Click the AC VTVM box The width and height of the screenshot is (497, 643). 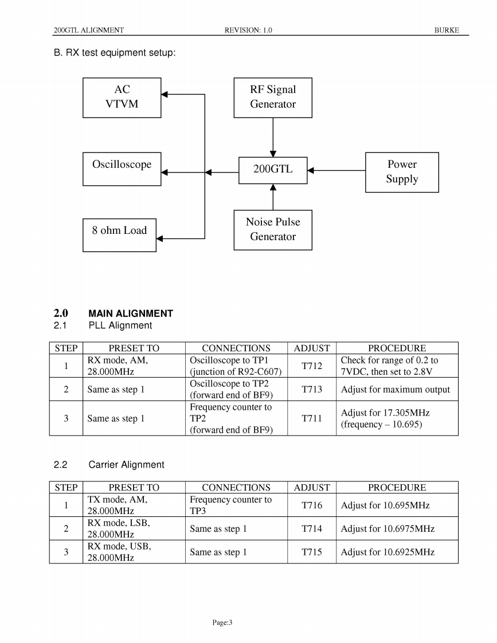click(122, 97)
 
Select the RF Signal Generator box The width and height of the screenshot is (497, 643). click(273, 97)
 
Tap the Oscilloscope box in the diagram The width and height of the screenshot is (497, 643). click(122, 168)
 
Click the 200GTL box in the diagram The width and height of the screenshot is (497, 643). click(273, 170)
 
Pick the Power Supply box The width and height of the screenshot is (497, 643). click(402, 172)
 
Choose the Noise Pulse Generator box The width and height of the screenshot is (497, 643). click(273, 230)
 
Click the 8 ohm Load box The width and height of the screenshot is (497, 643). click(119, 235)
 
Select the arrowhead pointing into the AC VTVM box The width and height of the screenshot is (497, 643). click(165, 95)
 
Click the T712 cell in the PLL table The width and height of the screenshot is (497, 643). click(312, 366)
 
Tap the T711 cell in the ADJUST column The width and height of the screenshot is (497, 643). click(312, 418)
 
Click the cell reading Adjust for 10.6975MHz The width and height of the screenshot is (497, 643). click(388, 529)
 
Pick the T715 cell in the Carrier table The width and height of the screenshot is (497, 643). click(312, 552)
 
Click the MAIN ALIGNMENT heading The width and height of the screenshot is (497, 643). click(131, 313)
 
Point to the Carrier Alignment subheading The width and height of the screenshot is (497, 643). click(126, 465)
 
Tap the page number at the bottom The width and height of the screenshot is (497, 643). click(221, 622)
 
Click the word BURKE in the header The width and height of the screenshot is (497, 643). click(447, 30)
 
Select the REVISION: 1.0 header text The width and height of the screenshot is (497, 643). click(248, 30)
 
